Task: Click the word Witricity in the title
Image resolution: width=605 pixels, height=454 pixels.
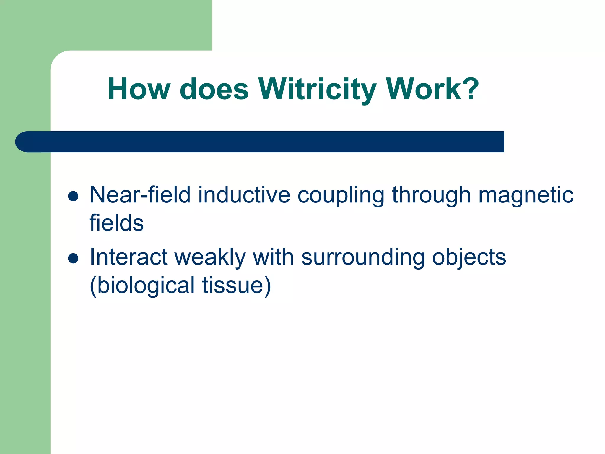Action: point(318,89)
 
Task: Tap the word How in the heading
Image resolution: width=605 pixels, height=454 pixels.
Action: point(139,89)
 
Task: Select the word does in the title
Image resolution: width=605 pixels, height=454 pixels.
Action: point(214,89)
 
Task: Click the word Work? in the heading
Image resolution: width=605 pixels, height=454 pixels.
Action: point(432,89)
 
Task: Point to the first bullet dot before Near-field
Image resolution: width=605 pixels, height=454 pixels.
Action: point(73,196)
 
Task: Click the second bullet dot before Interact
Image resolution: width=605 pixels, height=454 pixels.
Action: point(73,258)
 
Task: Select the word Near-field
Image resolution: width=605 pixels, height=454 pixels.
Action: point(140,195)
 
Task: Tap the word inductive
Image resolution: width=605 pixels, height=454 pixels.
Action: point(244,195)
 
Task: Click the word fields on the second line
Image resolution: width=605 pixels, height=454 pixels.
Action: point(116,223)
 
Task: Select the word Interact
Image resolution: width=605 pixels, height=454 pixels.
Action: point(129,257)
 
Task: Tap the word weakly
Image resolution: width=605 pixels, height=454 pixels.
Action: point(210,257)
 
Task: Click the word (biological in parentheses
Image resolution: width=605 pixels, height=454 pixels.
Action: point(142,286)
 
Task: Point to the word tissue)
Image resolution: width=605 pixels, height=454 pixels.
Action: point(237,286)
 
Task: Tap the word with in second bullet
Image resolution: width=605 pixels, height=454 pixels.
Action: point(273,257)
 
